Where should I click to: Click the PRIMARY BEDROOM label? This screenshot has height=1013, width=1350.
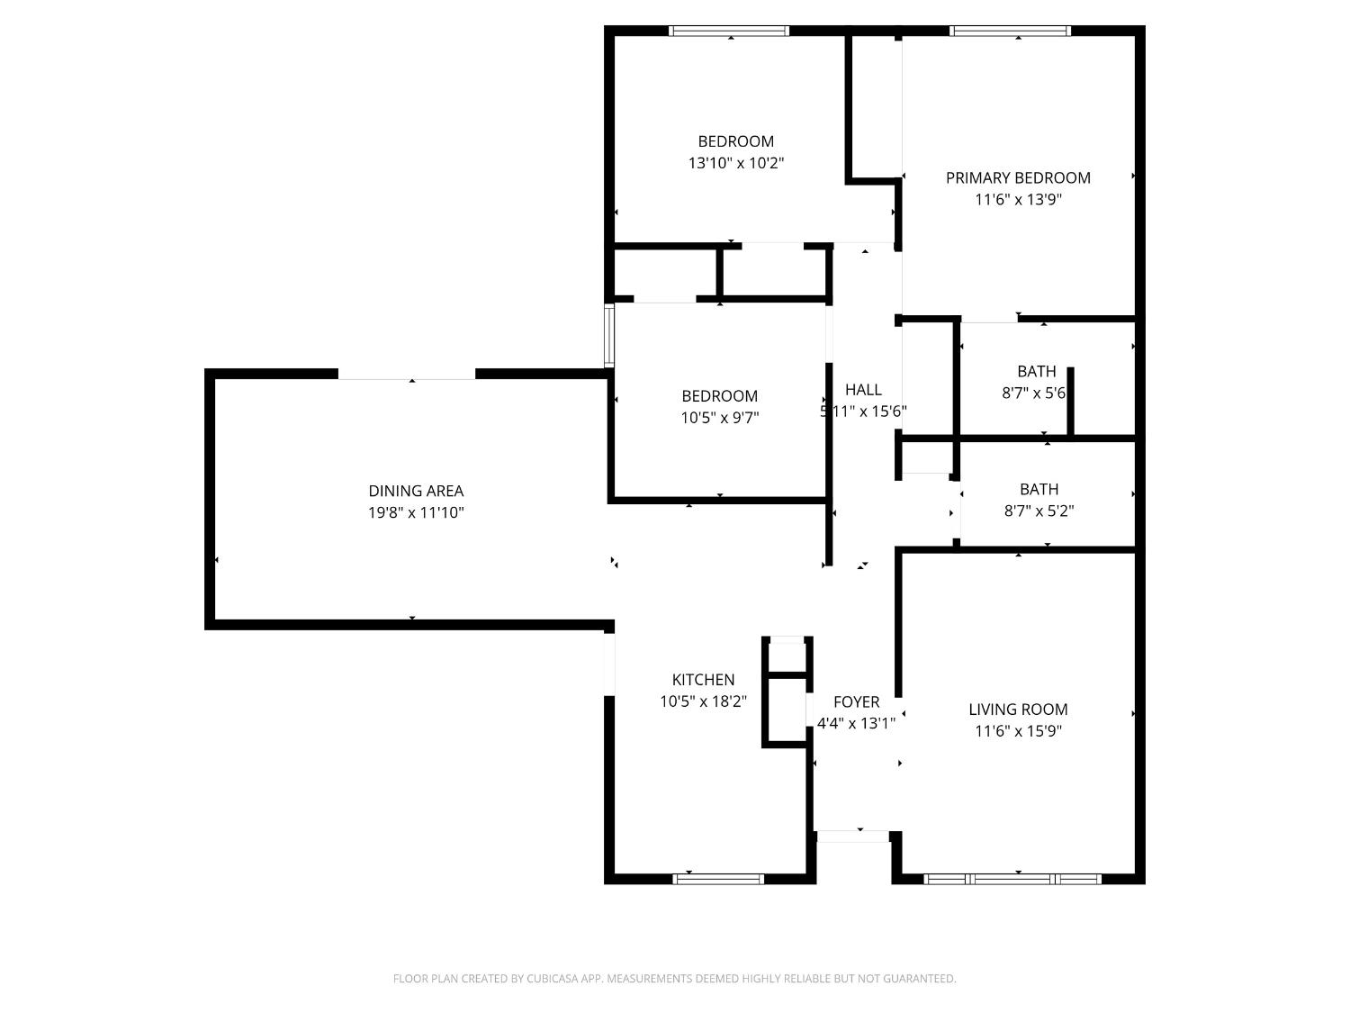(x=1018, y=177)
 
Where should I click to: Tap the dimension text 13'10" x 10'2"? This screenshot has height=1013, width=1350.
(x=736, y=163)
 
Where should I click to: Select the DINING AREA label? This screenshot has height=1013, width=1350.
(x=416, y=491)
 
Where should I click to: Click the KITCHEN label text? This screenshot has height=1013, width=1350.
(x=703, y=680)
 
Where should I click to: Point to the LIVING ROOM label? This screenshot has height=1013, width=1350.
(x=1018, y=710)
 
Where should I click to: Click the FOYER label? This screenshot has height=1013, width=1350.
(x=856, y=702)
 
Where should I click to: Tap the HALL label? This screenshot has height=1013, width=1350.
(x=863, y=390)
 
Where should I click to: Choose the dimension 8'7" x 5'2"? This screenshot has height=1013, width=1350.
(x=1039, y=511)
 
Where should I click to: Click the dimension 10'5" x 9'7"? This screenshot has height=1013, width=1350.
(x=720, y=418)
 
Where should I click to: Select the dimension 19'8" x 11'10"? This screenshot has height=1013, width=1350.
(x=416, y=512)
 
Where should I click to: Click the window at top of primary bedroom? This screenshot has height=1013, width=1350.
(x=1010, y=31)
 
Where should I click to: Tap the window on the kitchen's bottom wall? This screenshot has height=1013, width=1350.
(x=718, y=878)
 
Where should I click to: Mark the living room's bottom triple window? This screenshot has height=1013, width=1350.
(x=1012, y=878)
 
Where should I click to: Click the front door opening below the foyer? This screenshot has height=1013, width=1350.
(x=852, y=837)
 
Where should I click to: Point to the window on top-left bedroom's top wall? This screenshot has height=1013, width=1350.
(x=729, y=31)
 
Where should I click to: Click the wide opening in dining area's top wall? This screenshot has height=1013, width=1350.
(x=407, y=375)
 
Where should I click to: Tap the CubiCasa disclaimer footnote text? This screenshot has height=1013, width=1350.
(x=674, y=979)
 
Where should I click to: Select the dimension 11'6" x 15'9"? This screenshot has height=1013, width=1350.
(x=1018, y=731)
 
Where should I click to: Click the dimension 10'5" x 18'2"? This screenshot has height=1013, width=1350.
(x=703, y=701)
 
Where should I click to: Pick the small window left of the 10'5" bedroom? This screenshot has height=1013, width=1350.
(x=609, y=335)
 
